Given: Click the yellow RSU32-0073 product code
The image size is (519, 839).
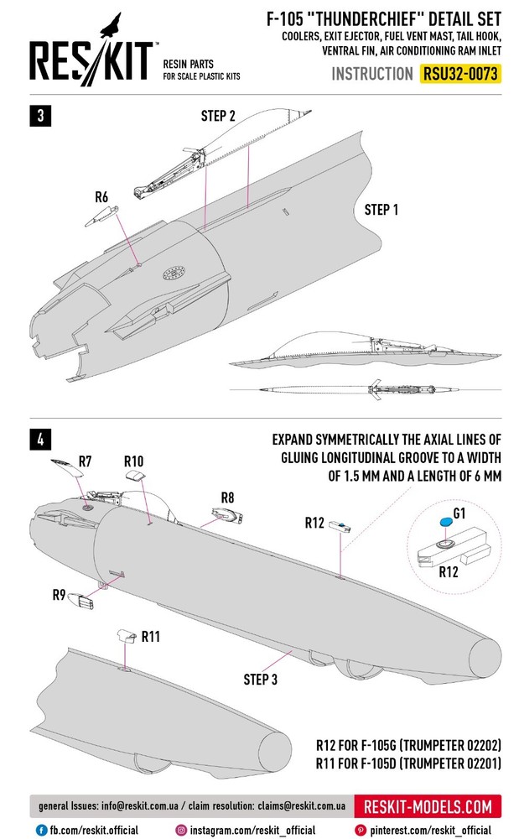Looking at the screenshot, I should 460,73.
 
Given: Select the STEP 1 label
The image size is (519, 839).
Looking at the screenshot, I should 381,210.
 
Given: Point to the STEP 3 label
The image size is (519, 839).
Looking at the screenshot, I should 261,678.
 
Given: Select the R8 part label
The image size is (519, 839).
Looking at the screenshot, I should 227,498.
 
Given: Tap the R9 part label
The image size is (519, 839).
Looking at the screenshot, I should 60,595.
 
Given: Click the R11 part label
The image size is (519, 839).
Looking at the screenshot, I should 151,637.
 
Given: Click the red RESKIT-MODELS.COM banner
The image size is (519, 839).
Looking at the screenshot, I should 428,807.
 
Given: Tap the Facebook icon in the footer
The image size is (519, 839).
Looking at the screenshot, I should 40,830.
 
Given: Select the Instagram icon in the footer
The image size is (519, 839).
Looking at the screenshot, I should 180,830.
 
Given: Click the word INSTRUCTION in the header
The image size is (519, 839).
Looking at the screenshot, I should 372,74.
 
